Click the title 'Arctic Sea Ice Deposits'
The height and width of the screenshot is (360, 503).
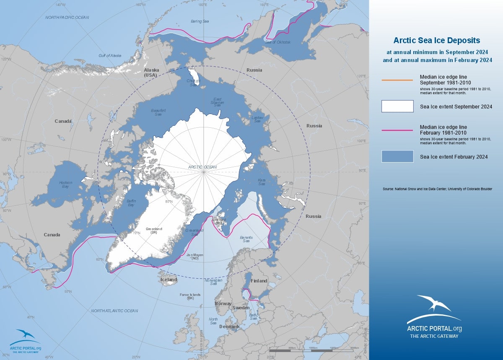coord(436,41)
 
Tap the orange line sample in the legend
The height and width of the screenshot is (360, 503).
coord(397,80)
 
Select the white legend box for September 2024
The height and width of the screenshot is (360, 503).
coord(397,106)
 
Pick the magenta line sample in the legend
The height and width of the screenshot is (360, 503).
coord(397,130)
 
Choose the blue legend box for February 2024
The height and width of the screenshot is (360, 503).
coord(397,156)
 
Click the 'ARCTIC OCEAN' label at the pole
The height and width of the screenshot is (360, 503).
coord(202,167)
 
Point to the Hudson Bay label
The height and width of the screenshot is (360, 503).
coord(65,185)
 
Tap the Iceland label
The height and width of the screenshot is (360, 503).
coord(169,280)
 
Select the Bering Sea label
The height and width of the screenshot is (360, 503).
coord(200,21)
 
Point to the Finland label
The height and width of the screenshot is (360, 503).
coord(259,281)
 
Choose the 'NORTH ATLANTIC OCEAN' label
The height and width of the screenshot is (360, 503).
coord(114,311)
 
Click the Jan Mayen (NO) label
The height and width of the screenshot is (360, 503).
coord(195,256)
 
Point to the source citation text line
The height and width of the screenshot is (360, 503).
coord(437,189)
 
